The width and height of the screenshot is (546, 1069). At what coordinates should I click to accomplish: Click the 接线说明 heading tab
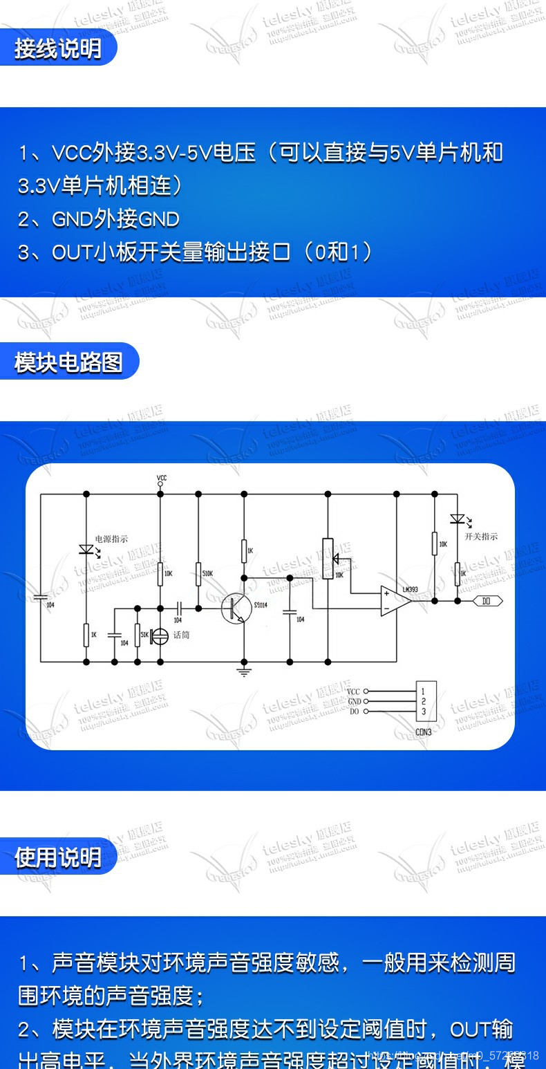(x=58, y=48)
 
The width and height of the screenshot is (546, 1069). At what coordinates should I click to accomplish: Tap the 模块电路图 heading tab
(x=68, y=362)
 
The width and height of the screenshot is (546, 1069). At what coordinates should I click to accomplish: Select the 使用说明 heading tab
(x=58, y=857)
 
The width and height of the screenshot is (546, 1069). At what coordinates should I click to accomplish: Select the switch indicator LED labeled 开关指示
(x=456, y=519)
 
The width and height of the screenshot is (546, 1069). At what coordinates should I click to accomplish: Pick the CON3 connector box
(x=426, y=701)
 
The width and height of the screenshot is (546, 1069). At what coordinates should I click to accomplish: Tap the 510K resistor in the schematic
(x=198, y=573)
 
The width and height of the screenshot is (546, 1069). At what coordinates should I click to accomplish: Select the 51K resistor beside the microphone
(x=137, y=635)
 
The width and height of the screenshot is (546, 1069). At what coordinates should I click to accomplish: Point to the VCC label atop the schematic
(x=161, y=478)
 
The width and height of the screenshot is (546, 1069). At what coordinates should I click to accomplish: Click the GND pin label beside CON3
(x=354, y=701)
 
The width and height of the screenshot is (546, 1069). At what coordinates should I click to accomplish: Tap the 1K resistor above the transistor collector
(x=243, y=551)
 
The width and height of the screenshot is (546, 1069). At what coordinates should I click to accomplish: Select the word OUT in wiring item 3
(x=72, y=252)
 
